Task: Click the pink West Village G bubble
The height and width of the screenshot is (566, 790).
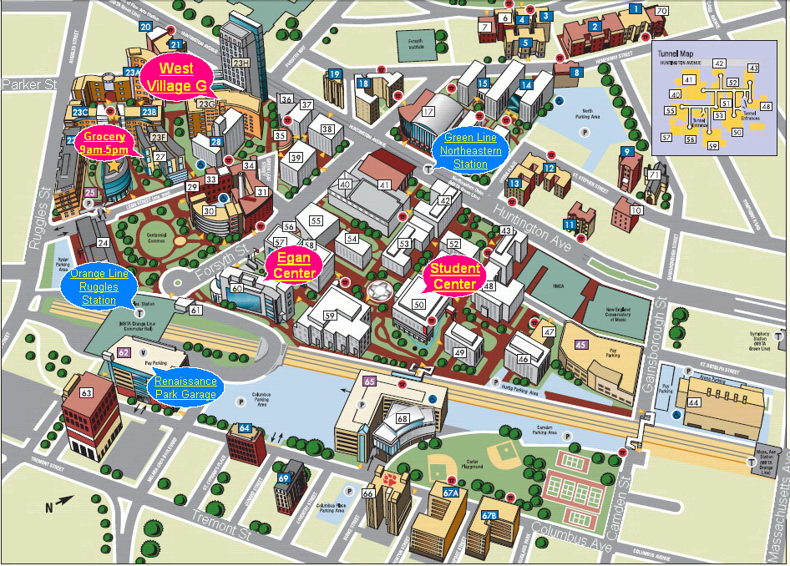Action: point(176,76)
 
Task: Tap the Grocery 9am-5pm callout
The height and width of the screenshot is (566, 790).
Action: point(104,143)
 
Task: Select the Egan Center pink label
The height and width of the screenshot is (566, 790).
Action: point(294,266)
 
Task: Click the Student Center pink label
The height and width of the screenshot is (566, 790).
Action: point(455,276)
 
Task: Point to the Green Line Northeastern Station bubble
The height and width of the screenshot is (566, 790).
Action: point(473,151)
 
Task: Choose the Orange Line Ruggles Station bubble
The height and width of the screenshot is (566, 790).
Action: point(99,286)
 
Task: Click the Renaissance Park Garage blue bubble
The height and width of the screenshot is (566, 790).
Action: point(185,387)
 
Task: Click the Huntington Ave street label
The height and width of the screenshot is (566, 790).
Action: point(539,219)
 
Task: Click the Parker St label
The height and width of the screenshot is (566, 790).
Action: point(28,84)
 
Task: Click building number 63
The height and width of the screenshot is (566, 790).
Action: point(86,392)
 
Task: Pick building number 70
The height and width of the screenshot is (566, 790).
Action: point(662,11)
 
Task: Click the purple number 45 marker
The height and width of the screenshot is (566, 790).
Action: point(580,345)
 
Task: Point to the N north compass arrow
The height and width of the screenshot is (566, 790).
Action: point(48,506)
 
